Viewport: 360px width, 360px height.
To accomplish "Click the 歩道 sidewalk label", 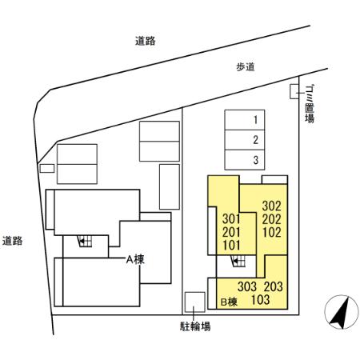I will click(245, 68).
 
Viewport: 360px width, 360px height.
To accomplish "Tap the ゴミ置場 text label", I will click(309, 104).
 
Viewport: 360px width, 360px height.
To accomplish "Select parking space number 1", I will click(254, 121).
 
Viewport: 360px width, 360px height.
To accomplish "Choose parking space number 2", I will click(254, 141).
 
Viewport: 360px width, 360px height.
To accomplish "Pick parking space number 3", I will click(254, 160).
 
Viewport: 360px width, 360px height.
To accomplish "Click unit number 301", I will click(231, 219).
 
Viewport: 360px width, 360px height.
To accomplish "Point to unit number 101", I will click(231, 245).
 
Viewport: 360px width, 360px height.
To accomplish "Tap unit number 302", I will click(271, 205).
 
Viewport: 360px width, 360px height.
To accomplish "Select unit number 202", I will click(271, 218).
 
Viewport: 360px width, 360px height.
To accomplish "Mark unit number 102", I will click(271, 233).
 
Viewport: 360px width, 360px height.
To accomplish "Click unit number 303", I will click(247, 286).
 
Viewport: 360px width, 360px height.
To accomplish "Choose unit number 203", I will click(274, 286).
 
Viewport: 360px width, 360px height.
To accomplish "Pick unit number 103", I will click(260, 300).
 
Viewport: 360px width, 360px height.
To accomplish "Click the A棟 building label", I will click(133, 259).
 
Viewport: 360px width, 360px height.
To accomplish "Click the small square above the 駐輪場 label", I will click(194, 302).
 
